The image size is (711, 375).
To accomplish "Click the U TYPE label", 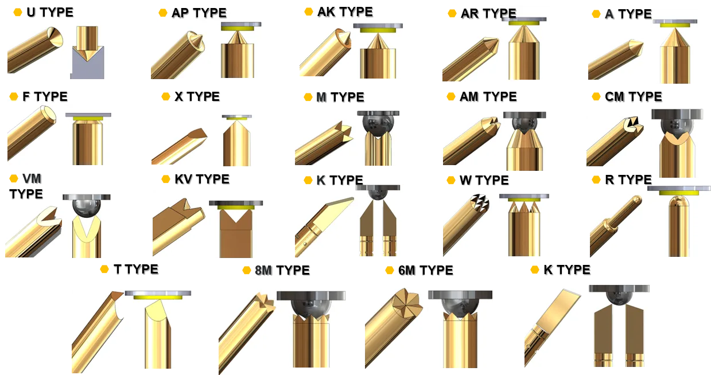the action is pos(50,13).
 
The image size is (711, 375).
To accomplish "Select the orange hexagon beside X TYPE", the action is pos(166,96).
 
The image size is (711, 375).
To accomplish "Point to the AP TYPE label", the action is pos(199,13).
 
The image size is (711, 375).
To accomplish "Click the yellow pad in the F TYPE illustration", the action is pos(88,118).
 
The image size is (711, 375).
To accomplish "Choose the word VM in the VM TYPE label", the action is pos(32,179).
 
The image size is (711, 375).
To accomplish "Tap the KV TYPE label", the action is pos(202,179).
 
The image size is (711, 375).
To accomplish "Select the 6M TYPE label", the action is pos(426,270).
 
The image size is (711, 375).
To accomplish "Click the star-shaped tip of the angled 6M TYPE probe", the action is pos(407,303).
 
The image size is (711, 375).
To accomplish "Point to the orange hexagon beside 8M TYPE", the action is pos(247,270).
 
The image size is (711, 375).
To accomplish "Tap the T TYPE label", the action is pos(136,269).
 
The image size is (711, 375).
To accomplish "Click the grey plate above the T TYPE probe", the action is pos(158,293).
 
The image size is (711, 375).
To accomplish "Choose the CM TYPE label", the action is pos(633,96).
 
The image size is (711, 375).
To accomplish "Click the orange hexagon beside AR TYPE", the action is pos(452,13).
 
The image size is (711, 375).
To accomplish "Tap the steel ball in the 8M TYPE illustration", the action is pos(311,308).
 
